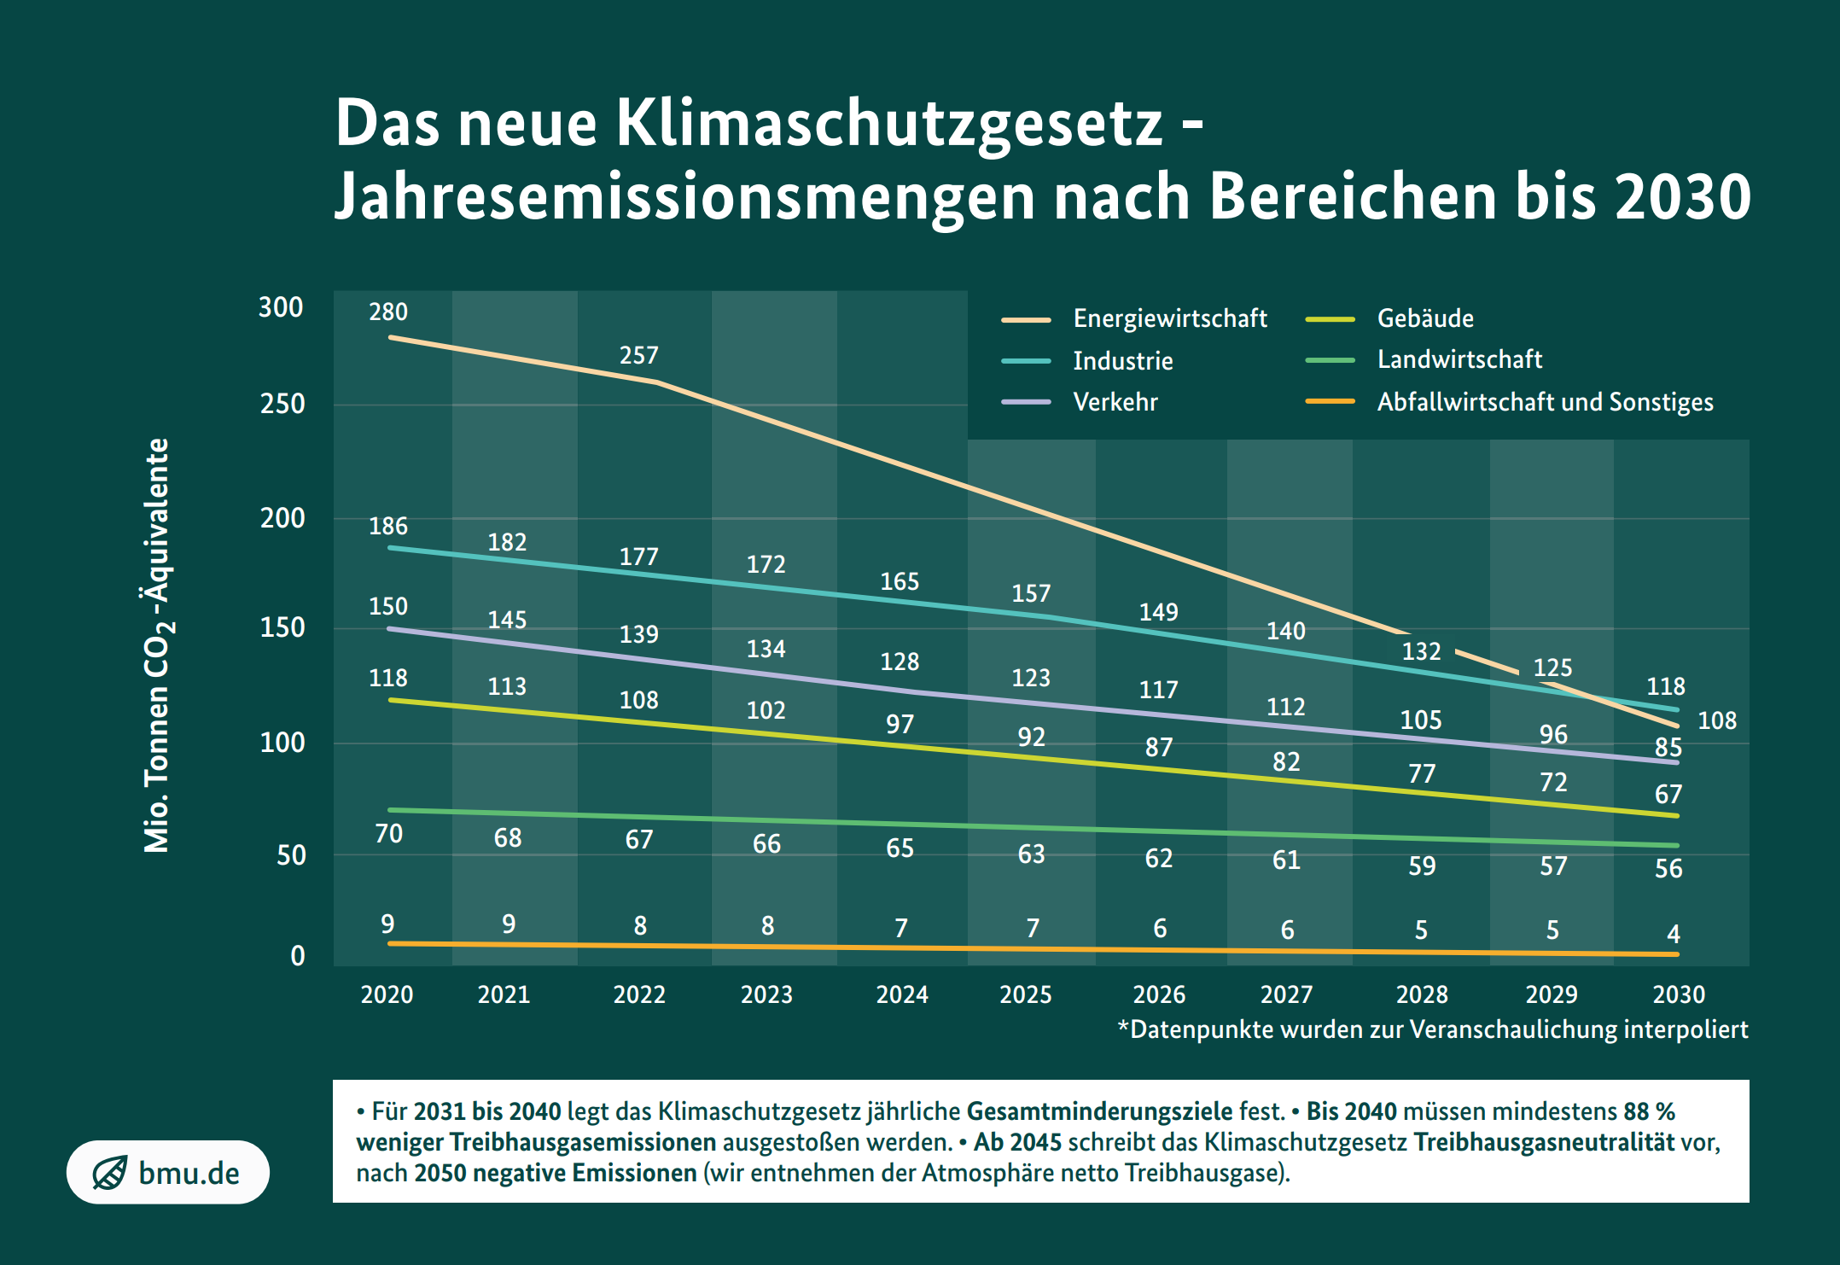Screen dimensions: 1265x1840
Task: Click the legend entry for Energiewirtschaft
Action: point(1169,318)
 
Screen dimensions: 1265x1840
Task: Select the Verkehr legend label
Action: point(1115,402)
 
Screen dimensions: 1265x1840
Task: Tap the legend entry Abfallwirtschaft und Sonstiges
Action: point(1544,402)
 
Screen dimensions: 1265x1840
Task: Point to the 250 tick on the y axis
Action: point(282,404)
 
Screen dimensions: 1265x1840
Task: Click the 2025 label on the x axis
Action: point(1025,994)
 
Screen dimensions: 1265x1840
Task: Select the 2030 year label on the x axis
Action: point(1678,994)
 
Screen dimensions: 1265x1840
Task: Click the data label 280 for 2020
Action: point(387,312)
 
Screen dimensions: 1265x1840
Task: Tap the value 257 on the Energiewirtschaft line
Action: point(638,355)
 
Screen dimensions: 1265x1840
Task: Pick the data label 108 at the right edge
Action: point(1716,720)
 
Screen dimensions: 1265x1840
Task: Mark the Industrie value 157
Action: point(1030,593)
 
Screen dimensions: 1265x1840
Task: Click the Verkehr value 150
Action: point(387,606)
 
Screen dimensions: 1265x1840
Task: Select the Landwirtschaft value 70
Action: point(388,833)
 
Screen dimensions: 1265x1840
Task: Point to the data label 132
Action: point(1421,651)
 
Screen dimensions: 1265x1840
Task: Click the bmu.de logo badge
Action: point(168,1173)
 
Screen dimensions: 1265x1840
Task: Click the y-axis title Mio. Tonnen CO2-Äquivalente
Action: point(157,645)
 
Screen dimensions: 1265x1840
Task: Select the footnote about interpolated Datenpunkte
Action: point(1432,1029)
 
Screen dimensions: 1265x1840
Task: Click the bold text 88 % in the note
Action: point(1648,1111)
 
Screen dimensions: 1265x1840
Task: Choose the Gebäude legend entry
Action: point(1424,318)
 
